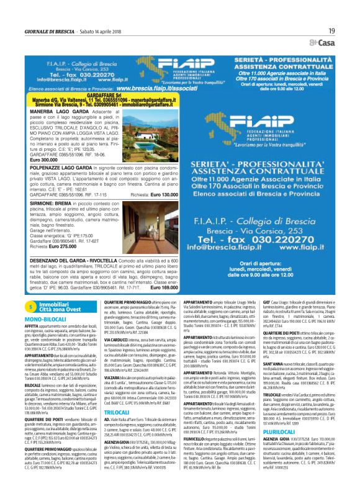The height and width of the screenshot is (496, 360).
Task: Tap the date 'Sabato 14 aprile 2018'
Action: (103, 31)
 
